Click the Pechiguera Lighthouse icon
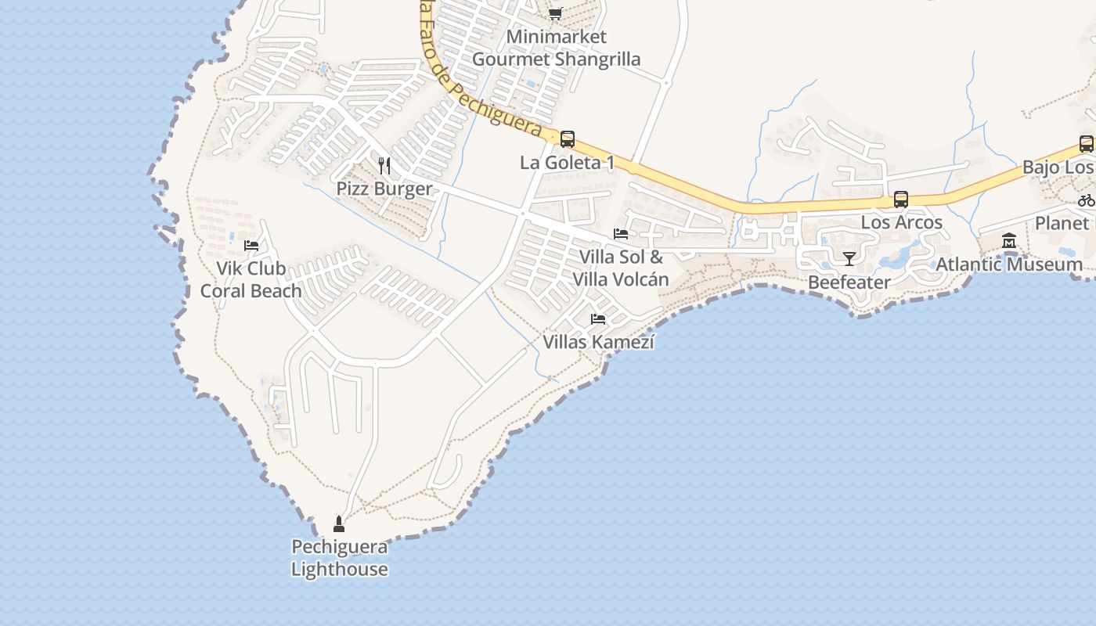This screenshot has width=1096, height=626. click(339, 524)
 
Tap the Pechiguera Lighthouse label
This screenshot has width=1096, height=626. click(339, 558)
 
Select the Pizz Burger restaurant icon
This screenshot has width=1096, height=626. click(384, 166)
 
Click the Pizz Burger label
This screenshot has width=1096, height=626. click(384, 189)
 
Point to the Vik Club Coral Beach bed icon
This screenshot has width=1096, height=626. click(251, 246)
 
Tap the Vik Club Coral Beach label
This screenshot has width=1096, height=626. click(251, 279)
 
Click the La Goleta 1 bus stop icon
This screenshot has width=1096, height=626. click(568, 139)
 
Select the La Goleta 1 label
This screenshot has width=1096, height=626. click(568, 163)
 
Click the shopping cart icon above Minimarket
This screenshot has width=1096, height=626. click(556, 13)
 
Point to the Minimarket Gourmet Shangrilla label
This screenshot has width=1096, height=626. click(556, 48)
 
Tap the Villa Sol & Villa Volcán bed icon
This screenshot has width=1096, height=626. click(621, 234)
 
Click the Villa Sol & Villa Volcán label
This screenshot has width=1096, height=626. click(621, 268)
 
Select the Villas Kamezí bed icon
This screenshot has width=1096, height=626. click(598, 319)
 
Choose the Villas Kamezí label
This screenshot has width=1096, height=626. click(598, 342)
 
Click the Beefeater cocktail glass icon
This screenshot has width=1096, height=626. click(849, 259)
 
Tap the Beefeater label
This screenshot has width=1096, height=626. click(849, 282)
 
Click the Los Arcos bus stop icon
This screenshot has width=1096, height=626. click(901, 200)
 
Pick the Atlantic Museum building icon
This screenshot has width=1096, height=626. click(1009, 241)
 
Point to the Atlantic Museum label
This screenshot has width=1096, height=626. click(1009, 264)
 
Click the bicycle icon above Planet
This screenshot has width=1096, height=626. click(1086, 200)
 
